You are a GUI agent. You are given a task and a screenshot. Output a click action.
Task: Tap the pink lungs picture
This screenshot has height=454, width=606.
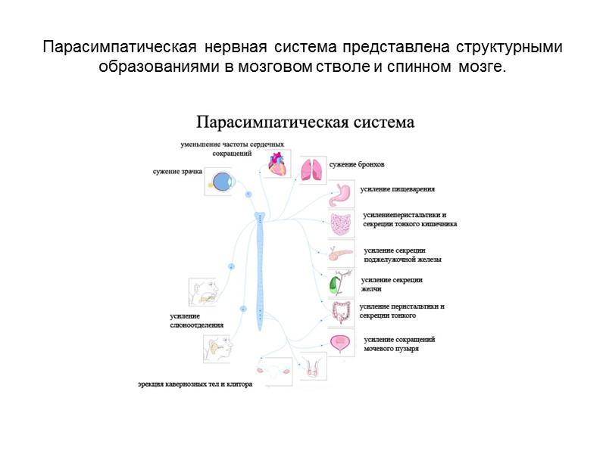(x=311, y=170)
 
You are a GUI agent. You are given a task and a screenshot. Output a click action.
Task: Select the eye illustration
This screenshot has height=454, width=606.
(x=222, y=182)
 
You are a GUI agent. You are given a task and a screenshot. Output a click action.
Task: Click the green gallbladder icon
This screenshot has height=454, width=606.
(x=334, y=285)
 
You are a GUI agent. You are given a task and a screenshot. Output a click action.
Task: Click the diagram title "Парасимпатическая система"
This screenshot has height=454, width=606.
(x=306, y=122)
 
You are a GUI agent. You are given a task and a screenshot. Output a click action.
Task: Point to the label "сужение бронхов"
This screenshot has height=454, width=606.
(x=357, y=164)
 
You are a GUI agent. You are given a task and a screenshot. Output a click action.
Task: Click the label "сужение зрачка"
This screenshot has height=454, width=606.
(x=178, y=172)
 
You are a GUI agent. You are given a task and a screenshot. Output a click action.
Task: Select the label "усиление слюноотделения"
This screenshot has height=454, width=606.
(x=196, y=320)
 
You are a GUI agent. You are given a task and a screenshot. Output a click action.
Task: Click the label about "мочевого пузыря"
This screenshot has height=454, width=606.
(x=399, y=344)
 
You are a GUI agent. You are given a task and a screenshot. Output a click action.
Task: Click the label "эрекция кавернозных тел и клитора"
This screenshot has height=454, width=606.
(x=195, y=384)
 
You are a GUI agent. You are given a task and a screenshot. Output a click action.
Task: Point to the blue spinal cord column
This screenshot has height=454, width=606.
(x=260, y=272)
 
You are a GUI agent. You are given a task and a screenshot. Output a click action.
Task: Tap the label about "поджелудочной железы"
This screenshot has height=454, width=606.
(x=401, y=254)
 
